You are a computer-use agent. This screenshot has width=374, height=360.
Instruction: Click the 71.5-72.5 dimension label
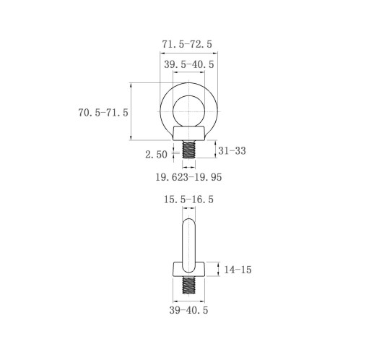[187, 44]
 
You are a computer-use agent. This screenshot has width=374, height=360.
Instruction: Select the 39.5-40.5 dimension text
[189, 64]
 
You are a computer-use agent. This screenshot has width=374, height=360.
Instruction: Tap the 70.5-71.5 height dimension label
[103, 113]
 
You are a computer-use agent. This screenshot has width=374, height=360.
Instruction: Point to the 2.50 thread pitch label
[156, 155]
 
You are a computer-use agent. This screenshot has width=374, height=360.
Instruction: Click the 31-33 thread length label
[232, 151]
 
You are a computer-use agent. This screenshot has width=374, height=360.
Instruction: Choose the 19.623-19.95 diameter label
[188, 177]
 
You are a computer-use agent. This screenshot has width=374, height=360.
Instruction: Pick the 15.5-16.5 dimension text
[188, 200]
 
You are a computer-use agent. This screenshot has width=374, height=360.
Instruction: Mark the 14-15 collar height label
[238, 270]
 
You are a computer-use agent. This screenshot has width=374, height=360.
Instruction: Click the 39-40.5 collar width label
[188, 310]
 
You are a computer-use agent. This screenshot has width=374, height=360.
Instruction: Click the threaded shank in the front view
[189, 150]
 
